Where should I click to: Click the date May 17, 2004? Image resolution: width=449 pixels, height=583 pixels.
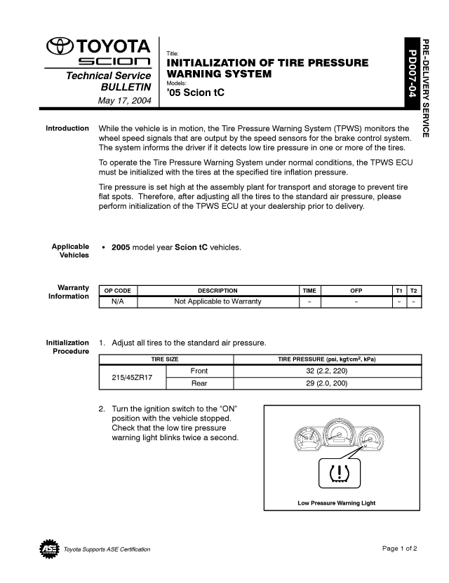124,101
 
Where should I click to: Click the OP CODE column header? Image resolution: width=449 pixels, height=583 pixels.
117,290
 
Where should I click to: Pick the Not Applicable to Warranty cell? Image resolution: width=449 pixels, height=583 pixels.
217,301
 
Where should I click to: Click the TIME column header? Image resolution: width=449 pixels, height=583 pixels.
309,290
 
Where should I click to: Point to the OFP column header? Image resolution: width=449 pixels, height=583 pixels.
356,290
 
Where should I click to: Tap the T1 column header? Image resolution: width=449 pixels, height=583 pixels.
398,290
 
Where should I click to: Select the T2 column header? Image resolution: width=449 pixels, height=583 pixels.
414,290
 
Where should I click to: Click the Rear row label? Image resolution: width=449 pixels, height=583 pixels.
199,383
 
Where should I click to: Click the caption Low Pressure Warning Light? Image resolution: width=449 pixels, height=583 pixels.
336,503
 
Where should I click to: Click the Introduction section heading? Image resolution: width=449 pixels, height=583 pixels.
67,129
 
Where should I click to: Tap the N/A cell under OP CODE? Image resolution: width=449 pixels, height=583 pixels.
117,301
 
